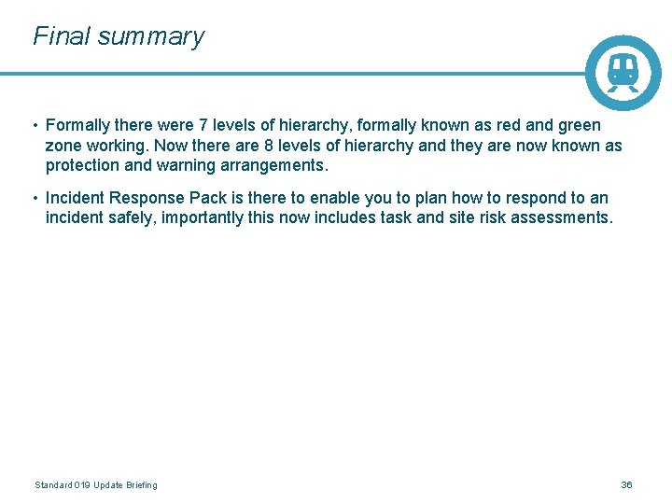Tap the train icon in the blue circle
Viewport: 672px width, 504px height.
[623, 73]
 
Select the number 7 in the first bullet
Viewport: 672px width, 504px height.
[204, 125]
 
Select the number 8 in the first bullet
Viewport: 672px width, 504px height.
[270, 146]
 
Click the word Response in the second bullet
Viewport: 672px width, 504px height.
[151, 198]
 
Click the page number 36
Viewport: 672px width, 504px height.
[626, 485]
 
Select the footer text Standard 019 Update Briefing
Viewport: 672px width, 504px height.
[96, 485]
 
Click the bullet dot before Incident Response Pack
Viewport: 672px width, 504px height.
[35, 198]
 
